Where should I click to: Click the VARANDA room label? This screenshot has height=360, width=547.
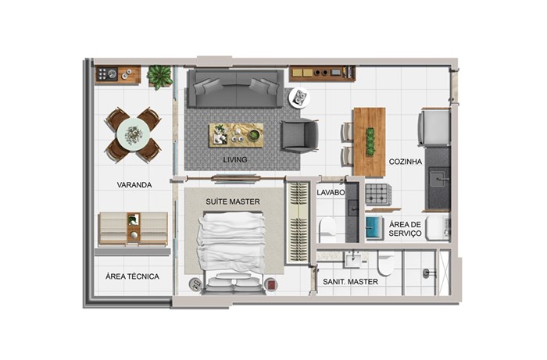134,185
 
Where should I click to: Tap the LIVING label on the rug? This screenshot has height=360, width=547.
235,159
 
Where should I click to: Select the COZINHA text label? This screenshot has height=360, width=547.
406,162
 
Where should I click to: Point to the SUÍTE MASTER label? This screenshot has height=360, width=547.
233,201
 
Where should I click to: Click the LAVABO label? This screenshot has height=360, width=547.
331,192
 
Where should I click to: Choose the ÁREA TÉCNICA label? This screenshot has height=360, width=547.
132,276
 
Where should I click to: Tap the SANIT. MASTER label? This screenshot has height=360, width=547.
350,282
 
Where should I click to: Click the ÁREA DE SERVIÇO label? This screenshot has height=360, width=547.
405,229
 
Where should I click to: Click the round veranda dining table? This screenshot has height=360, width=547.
134,134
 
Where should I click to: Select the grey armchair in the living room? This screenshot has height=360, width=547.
299,136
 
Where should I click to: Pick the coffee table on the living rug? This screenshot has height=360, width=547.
236,135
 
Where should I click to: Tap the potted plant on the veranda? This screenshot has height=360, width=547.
159,77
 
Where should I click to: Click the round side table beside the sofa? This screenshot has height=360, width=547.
299,98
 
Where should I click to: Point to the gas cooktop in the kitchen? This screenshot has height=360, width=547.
377,194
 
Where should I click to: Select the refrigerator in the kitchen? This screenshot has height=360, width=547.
434,127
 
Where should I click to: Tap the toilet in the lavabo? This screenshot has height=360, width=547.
327,230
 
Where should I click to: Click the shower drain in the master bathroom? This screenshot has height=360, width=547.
427,273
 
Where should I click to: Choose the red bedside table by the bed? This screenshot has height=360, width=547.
271,285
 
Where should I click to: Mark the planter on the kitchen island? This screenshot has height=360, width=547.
370,141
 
